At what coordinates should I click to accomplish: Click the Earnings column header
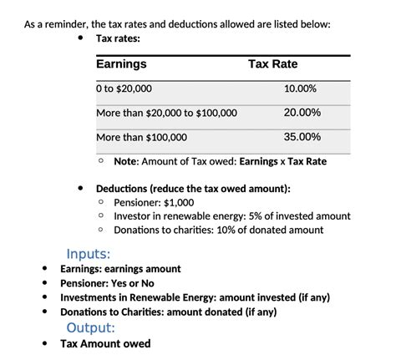(121, 64)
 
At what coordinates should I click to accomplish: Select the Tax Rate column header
(272, 64)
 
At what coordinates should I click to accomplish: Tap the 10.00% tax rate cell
(300, 89)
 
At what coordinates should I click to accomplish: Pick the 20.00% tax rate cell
(300, 113)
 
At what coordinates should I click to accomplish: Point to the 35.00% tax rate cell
(300, 137)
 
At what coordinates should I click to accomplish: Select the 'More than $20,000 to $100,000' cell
(167, 113)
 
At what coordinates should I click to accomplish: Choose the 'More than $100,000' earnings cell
(141, 137)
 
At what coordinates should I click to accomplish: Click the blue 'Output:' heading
(90, 327)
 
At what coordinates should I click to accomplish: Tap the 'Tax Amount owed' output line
(105, 343)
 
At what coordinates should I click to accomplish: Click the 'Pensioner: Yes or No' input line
(118, 283)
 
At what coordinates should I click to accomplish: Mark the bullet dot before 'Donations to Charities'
(45, 312)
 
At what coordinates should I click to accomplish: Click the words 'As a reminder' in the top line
(52, 23)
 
